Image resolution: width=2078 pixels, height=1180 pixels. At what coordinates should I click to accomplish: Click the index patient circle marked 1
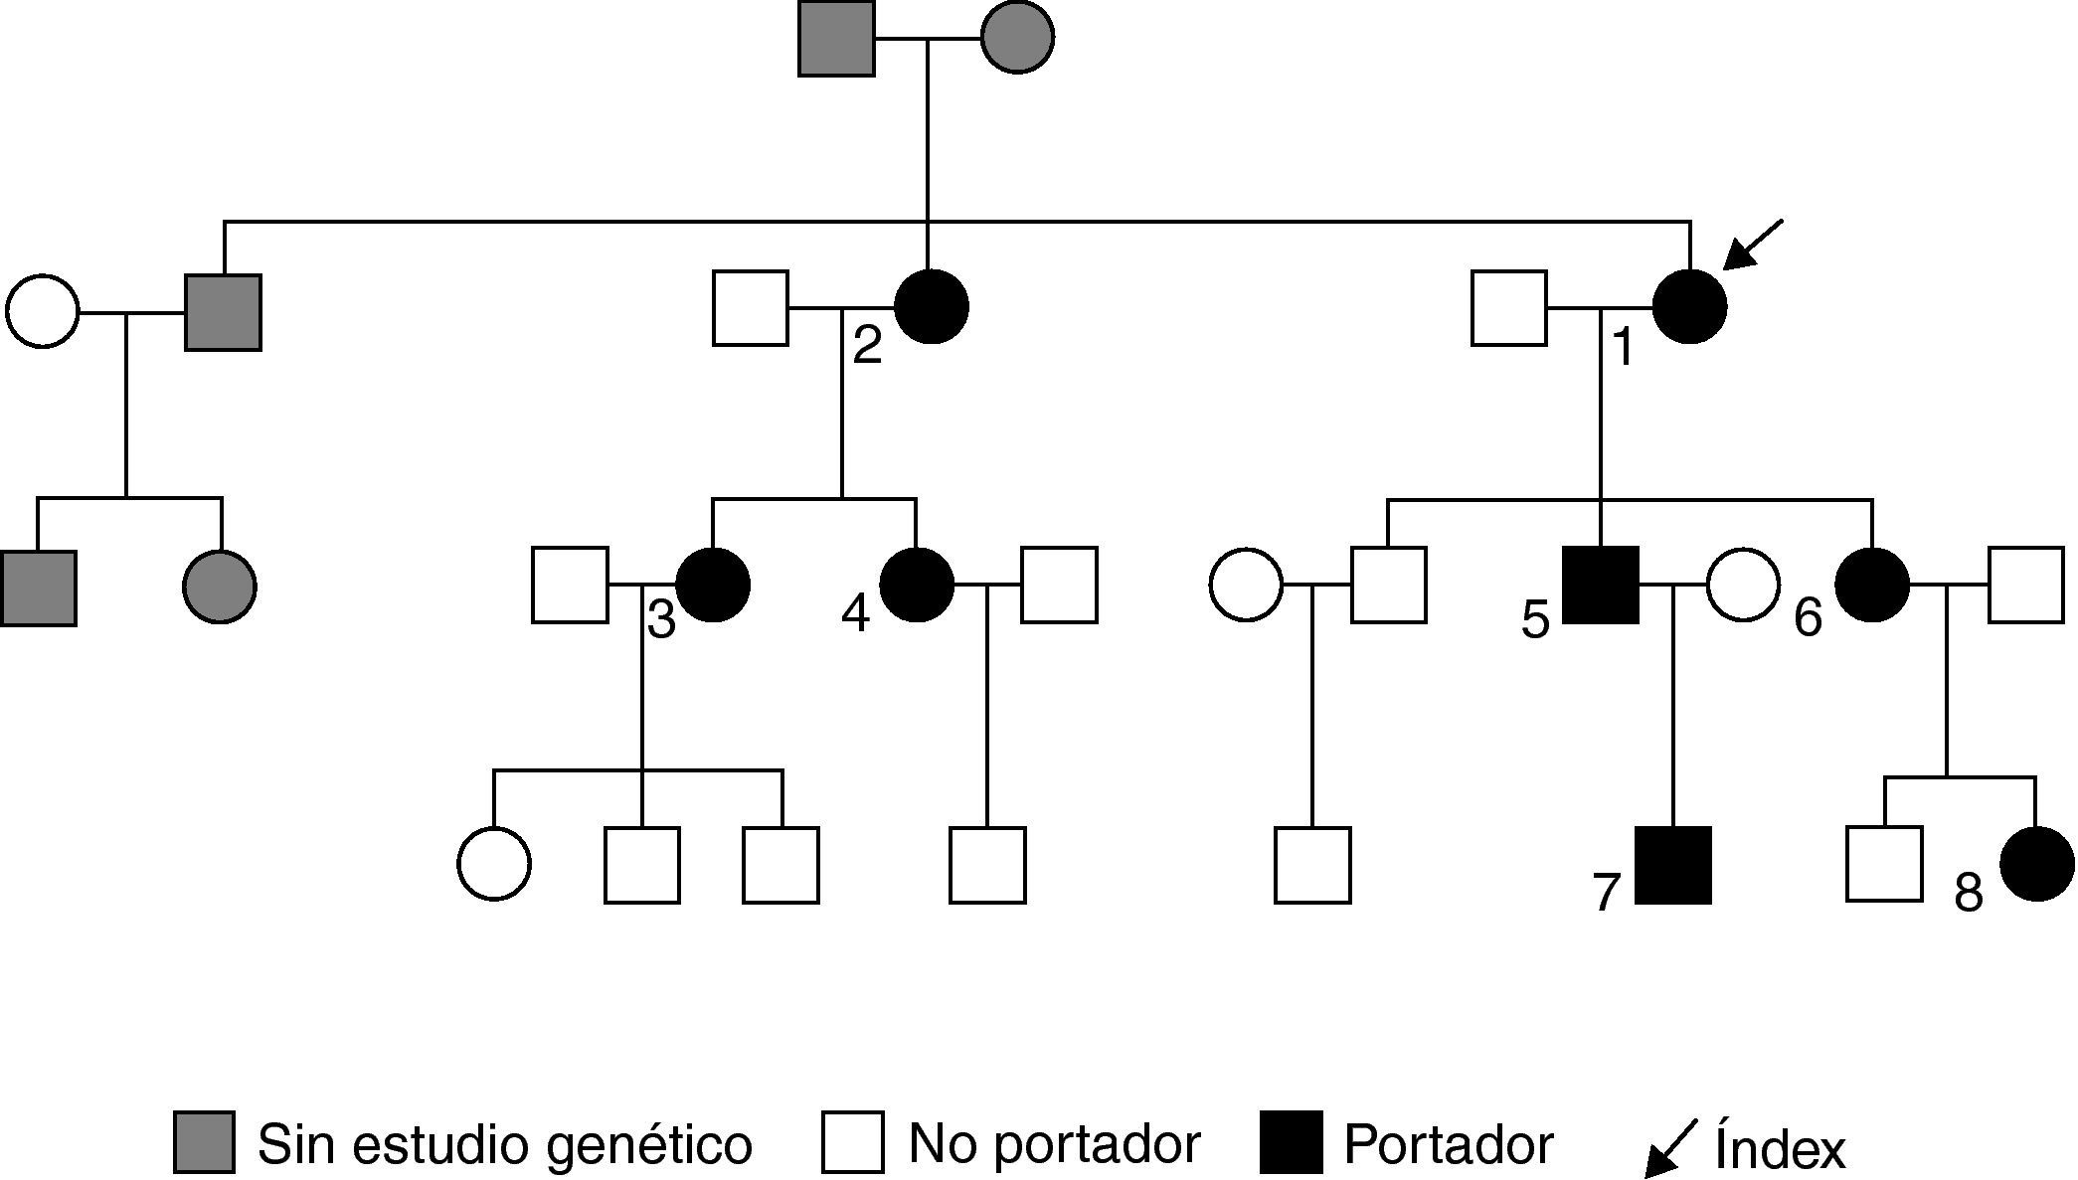[1689, 307]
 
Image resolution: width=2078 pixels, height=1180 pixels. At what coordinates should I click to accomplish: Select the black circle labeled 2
[931, 307]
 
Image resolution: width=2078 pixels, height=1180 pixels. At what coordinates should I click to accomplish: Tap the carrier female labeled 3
[712, 585]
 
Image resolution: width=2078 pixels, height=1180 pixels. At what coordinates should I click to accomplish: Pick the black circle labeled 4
[917, 585]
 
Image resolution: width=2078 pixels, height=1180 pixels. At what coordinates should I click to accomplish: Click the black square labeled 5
[1601, 585]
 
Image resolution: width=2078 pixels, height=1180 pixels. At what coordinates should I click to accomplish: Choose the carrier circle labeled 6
[1871, 585]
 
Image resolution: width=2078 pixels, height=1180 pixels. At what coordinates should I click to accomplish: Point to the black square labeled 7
[1673, 865]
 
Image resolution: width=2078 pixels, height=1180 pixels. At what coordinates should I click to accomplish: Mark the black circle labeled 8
[2036, 865]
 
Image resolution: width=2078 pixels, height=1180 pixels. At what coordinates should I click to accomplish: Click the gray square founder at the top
[836, 38]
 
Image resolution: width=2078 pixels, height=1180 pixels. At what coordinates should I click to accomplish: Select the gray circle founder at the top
[1017, 38]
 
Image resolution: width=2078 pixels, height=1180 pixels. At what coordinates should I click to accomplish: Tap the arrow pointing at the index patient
[1752, 245]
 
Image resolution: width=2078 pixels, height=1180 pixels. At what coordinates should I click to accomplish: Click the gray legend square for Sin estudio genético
[204, 1142]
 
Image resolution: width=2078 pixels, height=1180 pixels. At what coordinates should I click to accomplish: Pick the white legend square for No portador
[852, 1142]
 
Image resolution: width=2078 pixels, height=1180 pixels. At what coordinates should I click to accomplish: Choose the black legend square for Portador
[1291, 1142]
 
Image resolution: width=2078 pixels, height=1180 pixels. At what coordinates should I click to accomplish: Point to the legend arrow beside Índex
[1669, 1148]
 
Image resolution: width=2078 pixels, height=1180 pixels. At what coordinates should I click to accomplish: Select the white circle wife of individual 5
[1743, 585]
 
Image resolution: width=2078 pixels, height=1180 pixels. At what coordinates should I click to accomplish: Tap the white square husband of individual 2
[751, 307]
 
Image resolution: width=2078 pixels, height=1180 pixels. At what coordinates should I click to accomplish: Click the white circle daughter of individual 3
[494, 864]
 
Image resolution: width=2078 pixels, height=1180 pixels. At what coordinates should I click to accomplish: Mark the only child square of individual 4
[987, 865]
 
